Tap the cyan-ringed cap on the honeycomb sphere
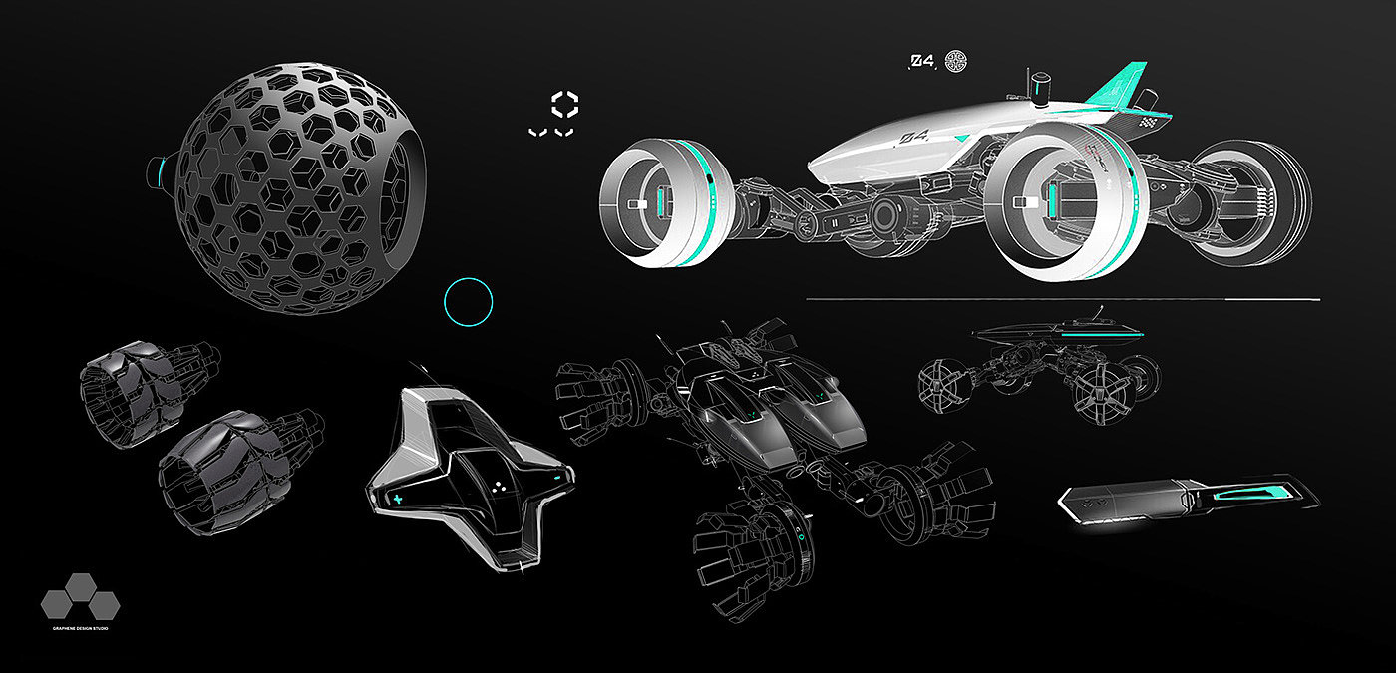point(161,171)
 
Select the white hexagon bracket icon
point(565,104)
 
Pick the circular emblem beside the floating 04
point(956,60)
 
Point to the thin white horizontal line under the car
point(1062,298)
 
